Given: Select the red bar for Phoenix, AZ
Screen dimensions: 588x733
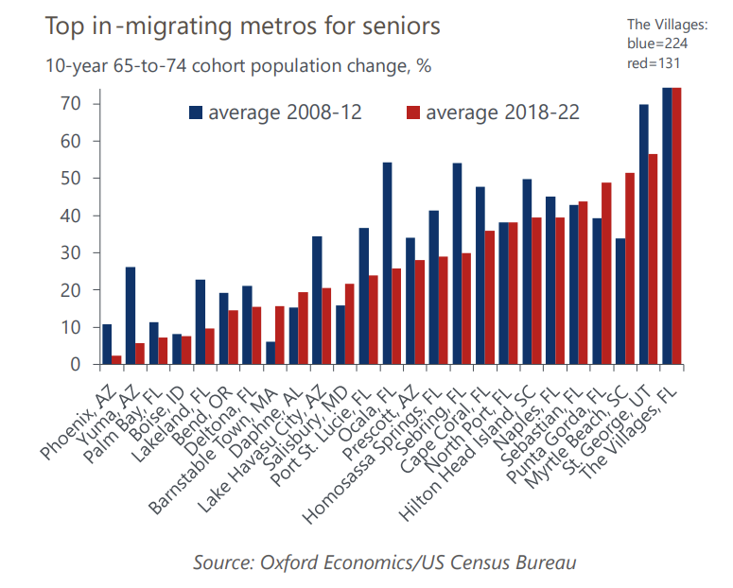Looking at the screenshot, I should pos(115,360).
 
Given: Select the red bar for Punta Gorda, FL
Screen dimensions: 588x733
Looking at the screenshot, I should pos(606,273).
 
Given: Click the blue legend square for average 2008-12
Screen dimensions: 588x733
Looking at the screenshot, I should pos(196,112).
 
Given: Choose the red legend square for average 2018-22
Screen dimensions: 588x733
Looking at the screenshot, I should pos(412,112).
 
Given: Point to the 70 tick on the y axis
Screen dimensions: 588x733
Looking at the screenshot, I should pos(75,103).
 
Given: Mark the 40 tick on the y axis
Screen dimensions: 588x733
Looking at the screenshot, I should pos(75,216).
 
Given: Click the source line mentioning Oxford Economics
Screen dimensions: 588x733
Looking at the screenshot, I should pos(384,562).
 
